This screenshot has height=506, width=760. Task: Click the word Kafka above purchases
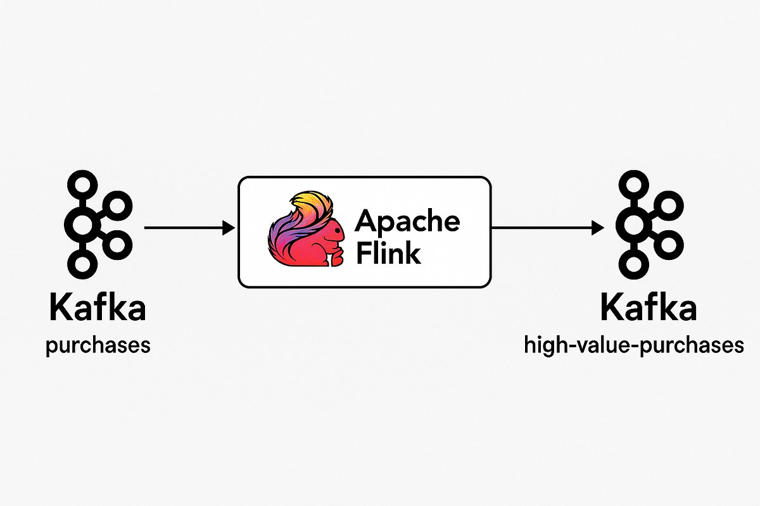(98, 309)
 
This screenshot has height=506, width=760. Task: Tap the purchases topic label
(98, 347)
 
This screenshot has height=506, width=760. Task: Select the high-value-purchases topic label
(634, 345)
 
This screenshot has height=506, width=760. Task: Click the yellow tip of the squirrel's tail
(307, 197)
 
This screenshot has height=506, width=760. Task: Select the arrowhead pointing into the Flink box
(228, 228)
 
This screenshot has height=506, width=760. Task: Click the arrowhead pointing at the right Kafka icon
(598, 228)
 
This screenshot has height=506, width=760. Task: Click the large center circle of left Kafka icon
(82, 224)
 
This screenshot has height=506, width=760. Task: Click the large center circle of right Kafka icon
(633, 224)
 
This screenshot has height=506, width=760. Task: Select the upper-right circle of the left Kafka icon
(118, 204)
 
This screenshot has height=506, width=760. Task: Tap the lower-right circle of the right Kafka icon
(670, 244)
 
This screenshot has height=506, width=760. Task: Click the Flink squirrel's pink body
(320, 247)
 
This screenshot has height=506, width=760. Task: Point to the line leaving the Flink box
(538, 228)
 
